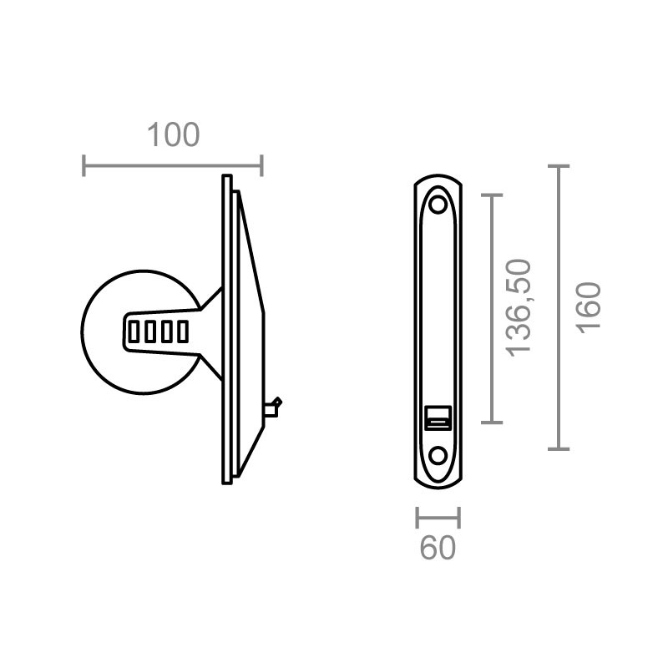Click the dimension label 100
pos(173,135)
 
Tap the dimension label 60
pos(438,548)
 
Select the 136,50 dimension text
pos(519,307)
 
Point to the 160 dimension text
pos(589,307)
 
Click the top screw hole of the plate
pos(438,205)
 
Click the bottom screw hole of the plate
pos(438,455)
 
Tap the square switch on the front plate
pos(438,418)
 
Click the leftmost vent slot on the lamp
pos(134,331)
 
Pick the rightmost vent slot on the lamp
pos(183,331)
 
